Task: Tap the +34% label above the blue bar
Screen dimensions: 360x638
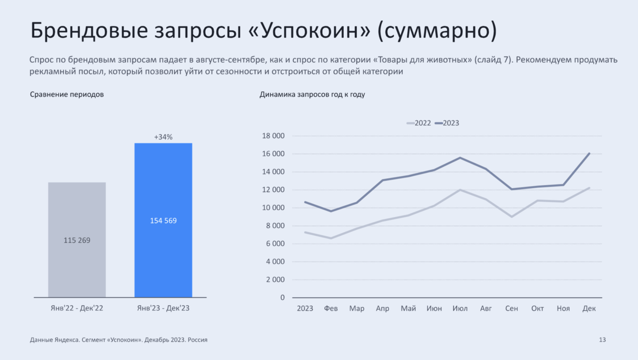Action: (163, 137)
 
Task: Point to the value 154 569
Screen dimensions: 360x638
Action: (163, 220)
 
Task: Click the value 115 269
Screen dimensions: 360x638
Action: (77, 240)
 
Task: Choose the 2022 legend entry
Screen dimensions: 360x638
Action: (419, 123)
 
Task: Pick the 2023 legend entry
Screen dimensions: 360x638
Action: (448, 123)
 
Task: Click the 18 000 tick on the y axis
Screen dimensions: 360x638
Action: (273, 136)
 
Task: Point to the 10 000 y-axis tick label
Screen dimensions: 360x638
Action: (273, 208)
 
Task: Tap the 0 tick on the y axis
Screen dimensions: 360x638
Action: (282, 298)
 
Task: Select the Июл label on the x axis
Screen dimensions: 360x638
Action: (460, 309)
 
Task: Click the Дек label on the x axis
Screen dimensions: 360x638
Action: (589, 309)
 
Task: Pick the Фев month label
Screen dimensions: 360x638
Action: (331, 309)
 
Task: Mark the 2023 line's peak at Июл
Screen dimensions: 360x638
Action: (460, 158)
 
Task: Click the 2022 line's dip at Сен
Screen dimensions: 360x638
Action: (512, 217)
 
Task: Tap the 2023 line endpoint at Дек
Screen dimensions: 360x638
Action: (589, 153)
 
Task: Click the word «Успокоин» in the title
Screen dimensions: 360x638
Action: (309, 30)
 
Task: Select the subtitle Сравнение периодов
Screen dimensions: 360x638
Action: (67, 94)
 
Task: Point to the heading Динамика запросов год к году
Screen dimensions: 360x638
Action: (312, 94)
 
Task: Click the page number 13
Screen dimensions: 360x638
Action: (602, 340)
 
